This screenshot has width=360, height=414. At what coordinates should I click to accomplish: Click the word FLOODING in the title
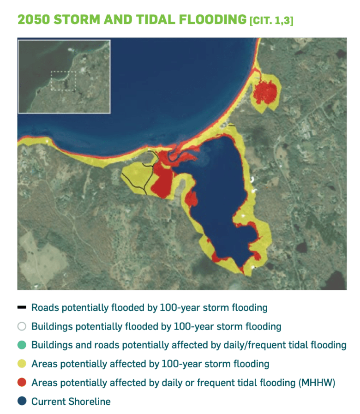click(212, 19)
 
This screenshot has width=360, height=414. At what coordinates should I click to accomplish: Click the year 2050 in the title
click(33, 19)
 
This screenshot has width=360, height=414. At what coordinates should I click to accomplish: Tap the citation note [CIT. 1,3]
click(271, 21)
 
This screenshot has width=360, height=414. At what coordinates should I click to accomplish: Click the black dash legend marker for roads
click(22, 307)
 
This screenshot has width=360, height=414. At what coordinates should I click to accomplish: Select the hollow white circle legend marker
click(22, 326)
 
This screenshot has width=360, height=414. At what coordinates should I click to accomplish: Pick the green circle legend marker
click(22, 345)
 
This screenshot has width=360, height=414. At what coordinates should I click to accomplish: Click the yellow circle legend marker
click(22, 364)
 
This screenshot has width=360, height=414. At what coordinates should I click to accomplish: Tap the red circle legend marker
click(22, 382)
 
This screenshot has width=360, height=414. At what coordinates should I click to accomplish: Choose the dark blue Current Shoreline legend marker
click(22, 401)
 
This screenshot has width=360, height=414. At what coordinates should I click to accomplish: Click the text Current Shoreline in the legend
click(71, 402)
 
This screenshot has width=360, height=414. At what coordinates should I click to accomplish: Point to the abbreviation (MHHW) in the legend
click(317, 383)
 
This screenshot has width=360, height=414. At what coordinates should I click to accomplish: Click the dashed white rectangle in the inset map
click(63, 81)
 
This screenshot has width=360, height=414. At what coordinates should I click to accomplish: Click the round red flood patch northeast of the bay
click(265, 92)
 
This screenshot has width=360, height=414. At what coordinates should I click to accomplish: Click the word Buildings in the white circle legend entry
click(52, 327)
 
